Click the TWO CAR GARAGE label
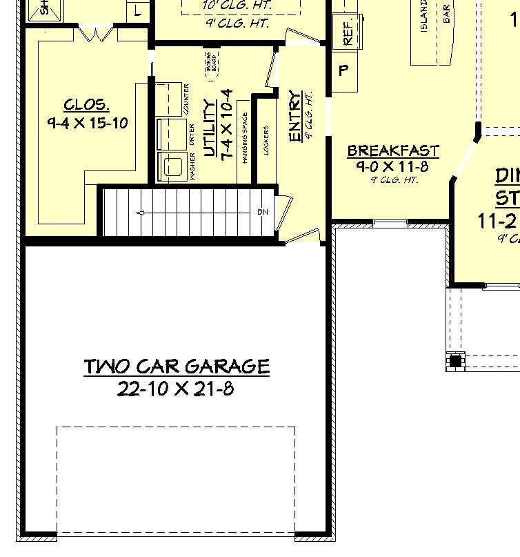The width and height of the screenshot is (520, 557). click(x=177, y=366)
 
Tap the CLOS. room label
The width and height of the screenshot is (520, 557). click(x=86, y=105)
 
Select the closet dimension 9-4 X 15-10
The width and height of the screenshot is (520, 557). click(x=88, y=124)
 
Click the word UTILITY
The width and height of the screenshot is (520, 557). click(x=210, y=128)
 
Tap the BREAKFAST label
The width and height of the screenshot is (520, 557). click(x=393, y=150)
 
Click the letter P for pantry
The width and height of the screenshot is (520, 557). click(x=344, y=70)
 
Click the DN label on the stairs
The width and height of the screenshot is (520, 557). click(x=263, y=212)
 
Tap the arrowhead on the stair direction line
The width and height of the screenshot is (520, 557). click(x=140, y=213)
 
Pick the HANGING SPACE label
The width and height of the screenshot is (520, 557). click(x=245, y=137)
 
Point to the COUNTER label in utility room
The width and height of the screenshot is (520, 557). click(x=186, y=99)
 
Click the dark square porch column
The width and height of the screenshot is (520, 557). click(x=454, y=361)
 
